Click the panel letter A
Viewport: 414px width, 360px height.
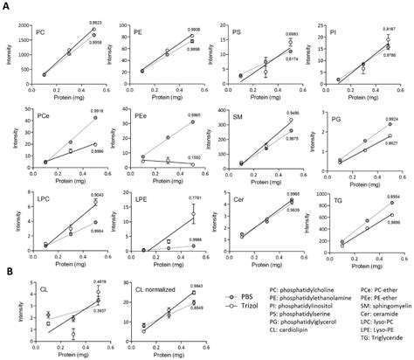[6, 7]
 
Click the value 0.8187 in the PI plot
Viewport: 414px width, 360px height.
[389, 17]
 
